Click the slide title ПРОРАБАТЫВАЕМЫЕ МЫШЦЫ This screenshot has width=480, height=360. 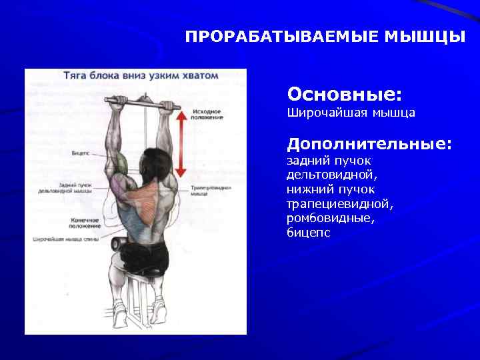pyautogui.click(x=325, y=36)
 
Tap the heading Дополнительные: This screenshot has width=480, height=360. pyautogui.click(x=369, y=143)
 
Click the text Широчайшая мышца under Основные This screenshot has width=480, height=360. pyautogui.click(x=351, y=113)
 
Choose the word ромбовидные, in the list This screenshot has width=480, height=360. pyautogui.click(x=331, y=219)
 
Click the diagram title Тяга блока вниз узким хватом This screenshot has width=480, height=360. pyautogui.click(x=140, y=75)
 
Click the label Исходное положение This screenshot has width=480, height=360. pyautogui.click(x=207, y=114)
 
